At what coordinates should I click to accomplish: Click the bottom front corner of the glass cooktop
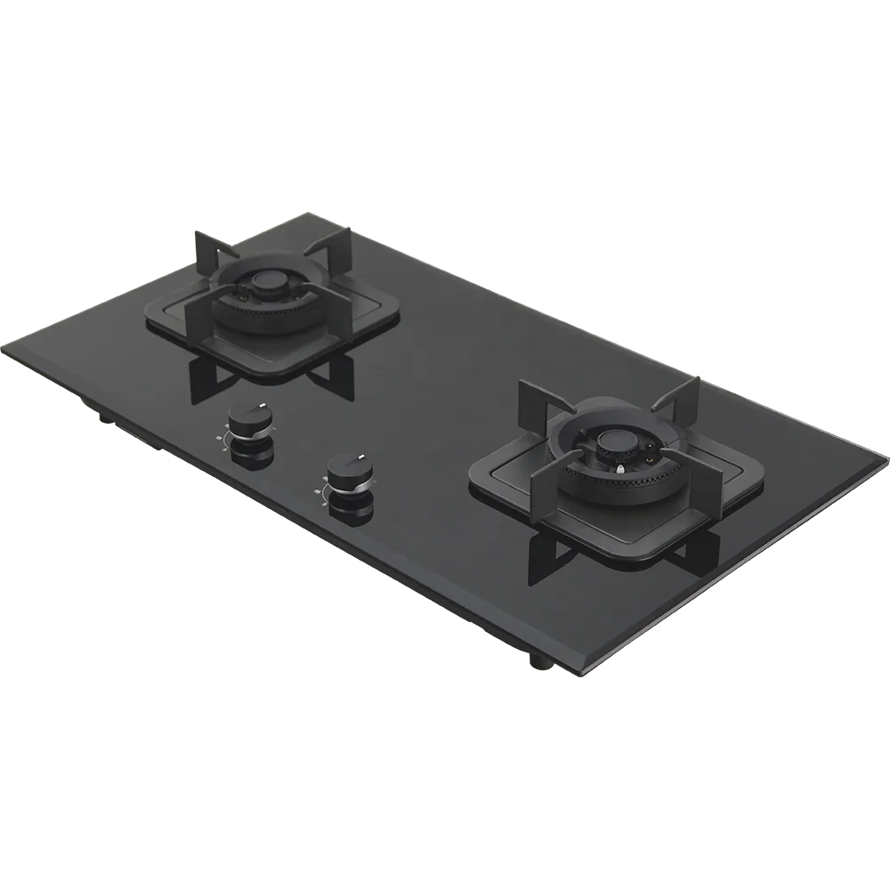583,678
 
